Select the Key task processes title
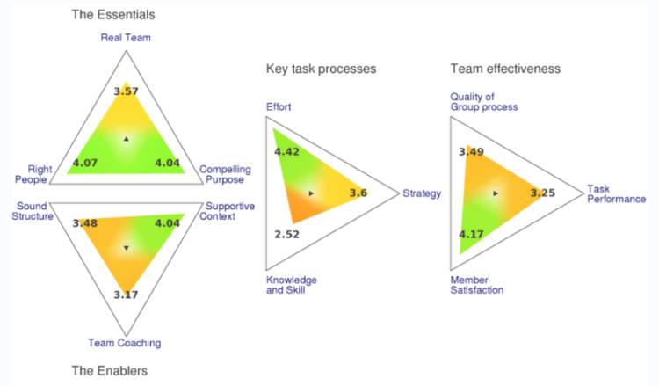click(x=321, y=69)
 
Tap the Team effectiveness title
click(x=505, y=69)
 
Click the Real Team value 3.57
click(x=127, y=91)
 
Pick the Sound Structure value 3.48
click(x=86, y=223)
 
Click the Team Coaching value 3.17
click(x=127, y=294)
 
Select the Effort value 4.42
click(x=287, y=152)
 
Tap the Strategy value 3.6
click(x=358, y=193)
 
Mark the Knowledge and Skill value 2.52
click(x=287, y=235)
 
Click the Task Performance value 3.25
click(x=542, y=193)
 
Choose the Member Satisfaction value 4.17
click(x=472, y=235)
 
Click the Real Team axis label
click(x=127, y=38)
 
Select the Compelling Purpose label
click(x=225, y=174)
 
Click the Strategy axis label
click(x=422, y=193)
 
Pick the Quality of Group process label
click(x=483, y=102)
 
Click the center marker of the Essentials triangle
click(x=127, y=140)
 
